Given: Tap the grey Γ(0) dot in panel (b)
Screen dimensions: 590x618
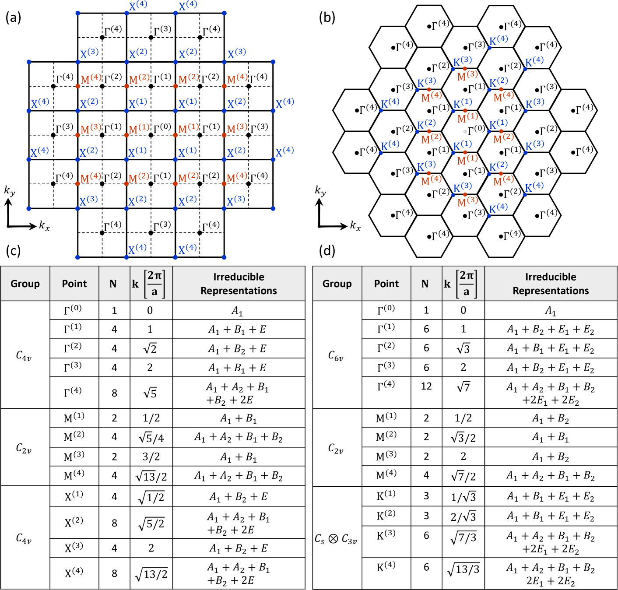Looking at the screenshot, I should tap(465, 131).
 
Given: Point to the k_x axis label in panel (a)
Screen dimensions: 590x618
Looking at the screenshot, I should tap(44, 225).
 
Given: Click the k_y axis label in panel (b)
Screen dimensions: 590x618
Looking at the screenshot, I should tap(320, 191).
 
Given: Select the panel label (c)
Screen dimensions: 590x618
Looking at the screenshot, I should tap(13, 250).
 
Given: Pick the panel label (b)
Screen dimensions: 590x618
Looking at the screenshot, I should tap(327, 18).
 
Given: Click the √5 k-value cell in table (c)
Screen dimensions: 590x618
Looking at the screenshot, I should tap(150, 393).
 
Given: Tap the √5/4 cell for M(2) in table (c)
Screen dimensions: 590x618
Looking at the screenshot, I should tap(151, 437).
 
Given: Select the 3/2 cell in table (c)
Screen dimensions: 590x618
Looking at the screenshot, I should tap(151, 457).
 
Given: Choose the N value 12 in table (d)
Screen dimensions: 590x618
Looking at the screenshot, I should tap(426, 386).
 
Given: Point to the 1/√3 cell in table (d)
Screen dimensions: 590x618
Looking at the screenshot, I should tap(463, 497).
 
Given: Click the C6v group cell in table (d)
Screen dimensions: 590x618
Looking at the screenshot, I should tap(336, 355).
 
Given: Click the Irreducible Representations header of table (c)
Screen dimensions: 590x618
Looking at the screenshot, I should tap(239, 284).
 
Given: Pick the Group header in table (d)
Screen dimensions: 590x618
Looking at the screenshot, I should tap(337, 284).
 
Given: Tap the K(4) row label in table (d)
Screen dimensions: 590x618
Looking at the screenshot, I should tap(386, 567).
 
